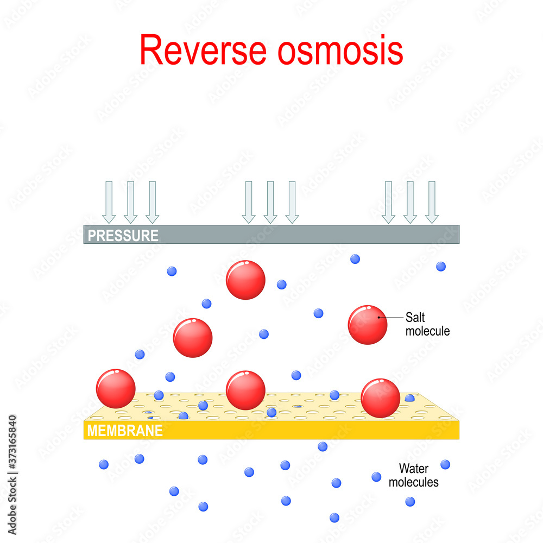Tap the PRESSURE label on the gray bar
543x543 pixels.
click(123, 236)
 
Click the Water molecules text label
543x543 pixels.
click(418, 475)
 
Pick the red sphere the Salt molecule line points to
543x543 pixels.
click(368, 324)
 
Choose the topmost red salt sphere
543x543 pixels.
click(245, 280)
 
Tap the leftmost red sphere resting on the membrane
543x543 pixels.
click(116, 389)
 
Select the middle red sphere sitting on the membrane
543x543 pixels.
click(245, 390)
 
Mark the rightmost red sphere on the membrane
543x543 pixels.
click(380, 398)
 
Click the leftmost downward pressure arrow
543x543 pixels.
click(109, 202)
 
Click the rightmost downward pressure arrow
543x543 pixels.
click(432, 202)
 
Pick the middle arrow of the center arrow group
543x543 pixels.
click(270, 202)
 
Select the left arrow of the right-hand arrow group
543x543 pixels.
click(388, 202)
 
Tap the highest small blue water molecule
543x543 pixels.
click(355, 259)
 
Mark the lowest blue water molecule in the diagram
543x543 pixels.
click(334, 517)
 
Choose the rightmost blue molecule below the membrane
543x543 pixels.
click(445, 464)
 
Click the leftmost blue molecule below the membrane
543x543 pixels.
click(104, 464)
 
